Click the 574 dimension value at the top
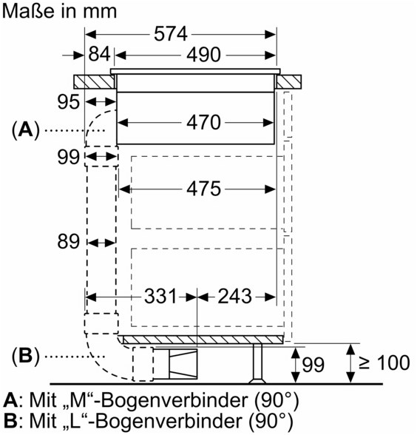(x=171, y=34)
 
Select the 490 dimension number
(x=203, y=55)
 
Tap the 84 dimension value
(x=99, y=54)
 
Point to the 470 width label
(x=203, y=122)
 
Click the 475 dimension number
(x=203, y=189)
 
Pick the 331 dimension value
(x=160, y=296)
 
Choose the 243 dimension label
(x=234, y=296)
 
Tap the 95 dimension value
(x=69, y=102)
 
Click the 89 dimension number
(x=69, y=241)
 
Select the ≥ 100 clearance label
(x=384, y=362)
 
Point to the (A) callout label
(x=25, y=130)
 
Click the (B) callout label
(x=25, y=356)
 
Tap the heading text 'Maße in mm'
(x=59, y=11)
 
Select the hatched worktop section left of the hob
(x=95, y=82)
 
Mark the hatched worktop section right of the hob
(x=288, y=82)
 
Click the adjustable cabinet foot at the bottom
(x=257, y=364)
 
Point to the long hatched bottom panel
(x=203, y=340)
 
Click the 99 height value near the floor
(x=313, y=364)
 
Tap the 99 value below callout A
(x=69, y=157)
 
